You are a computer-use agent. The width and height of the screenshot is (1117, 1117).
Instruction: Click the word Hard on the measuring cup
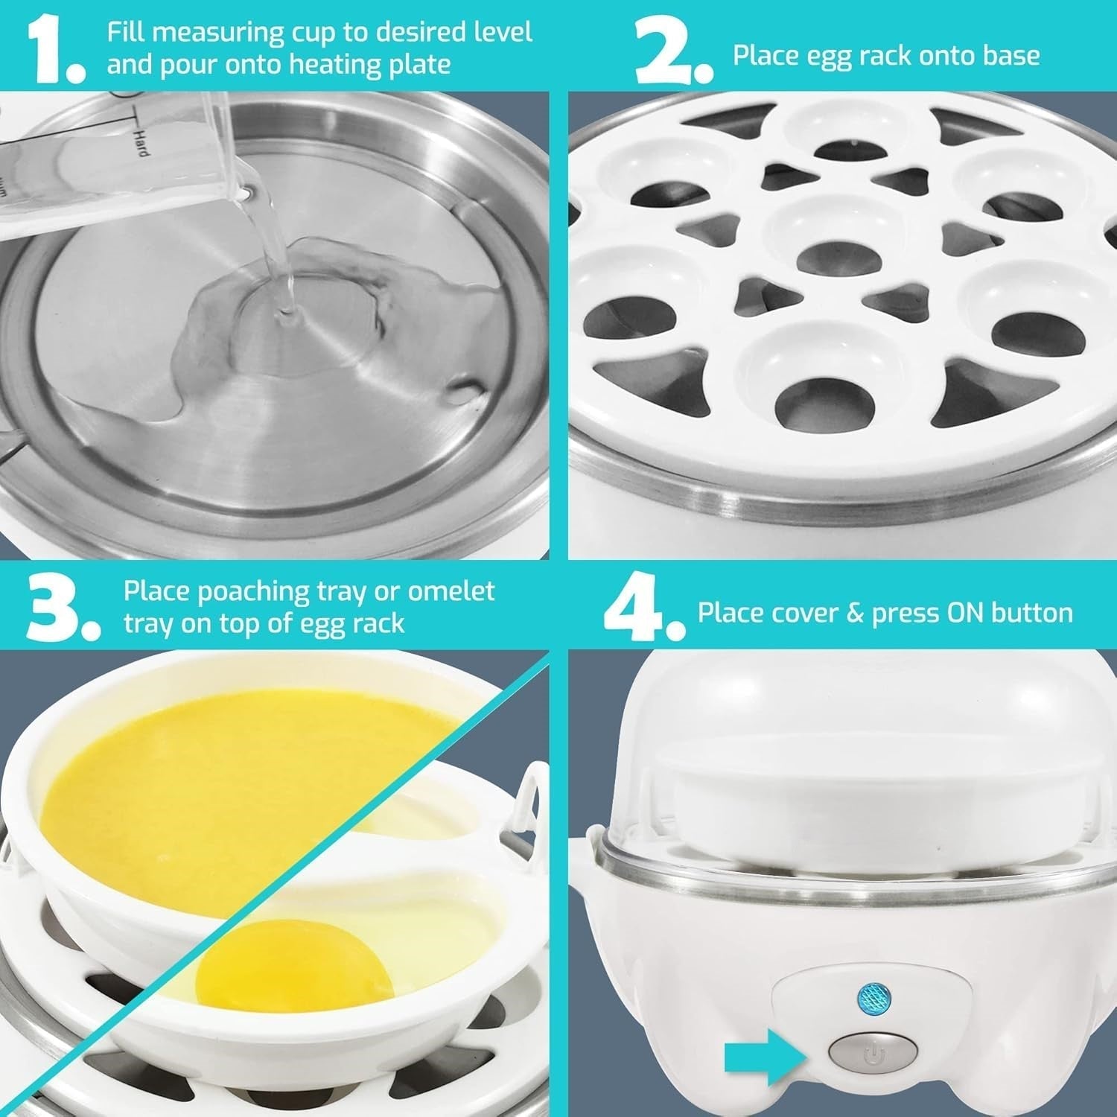141,144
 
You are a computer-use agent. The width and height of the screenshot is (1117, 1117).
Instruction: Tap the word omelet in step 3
451,591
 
